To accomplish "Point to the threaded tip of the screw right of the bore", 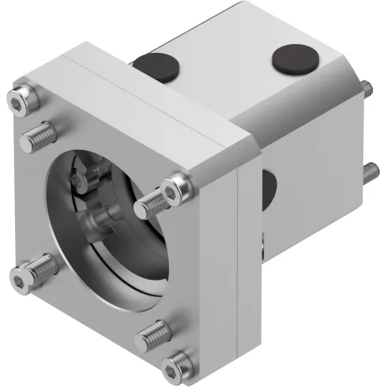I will point(145,207).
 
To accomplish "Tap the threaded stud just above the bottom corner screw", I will point(154,334).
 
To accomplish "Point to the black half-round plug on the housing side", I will point(268,188).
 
